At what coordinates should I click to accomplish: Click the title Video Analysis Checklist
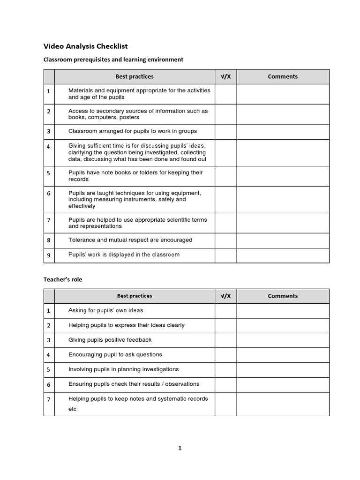click(x=85, y=46)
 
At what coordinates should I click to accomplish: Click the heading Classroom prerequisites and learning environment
click(x=113, y=60)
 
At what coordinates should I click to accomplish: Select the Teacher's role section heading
click(x=62, y=279)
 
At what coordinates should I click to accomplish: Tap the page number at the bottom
click(x=180, y=448)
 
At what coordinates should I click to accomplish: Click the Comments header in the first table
click(x=283, y=76)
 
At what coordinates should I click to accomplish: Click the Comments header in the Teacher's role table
click(x=283, y=296)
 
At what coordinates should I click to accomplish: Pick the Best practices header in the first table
click(x=135, y=76)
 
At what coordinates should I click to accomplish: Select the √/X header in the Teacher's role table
click(x=225, y=296)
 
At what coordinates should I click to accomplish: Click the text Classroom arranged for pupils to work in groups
click(x=133, y=131)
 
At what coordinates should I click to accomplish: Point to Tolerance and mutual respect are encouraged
click(x=130, y=240)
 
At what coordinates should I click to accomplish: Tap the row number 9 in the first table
click(x=49, y=255)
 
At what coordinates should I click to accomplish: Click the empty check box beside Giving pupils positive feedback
click(x=225, y=340)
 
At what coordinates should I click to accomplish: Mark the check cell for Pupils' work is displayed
click(x=225, y=255)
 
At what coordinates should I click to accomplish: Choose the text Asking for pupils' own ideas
click(x=106, y=310)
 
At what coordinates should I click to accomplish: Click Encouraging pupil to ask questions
click(x=115, y=355)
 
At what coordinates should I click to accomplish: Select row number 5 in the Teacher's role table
click(x=49, y=369)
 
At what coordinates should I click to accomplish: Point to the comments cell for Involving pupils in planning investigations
click(x=283, y=369)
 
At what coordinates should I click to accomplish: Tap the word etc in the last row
click(x=73, y=409)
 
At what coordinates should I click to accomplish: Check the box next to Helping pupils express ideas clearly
click(x=225, y=325)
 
